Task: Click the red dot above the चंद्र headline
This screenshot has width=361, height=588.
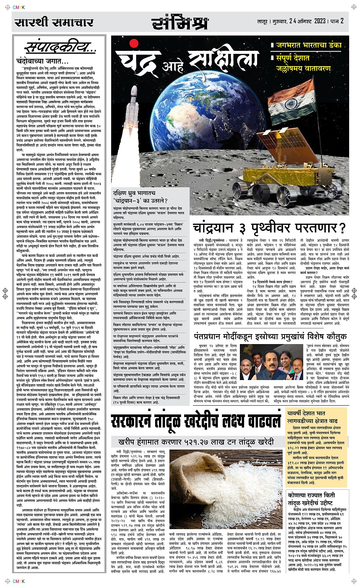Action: [x=134, y=42]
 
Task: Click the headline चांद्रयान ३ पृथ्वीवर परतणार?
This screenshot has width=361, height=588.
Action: [x=269, y=228]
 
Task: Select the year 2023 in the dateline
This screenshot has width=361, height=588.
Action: [x=320, y=21]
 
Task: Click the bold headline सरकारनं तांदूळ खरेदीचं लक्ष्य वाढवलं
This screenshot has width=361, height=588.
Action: [x=196, y=422]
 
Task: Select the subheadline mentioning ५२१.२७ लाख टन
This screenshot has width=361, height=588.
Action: [x=196, y=442]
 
